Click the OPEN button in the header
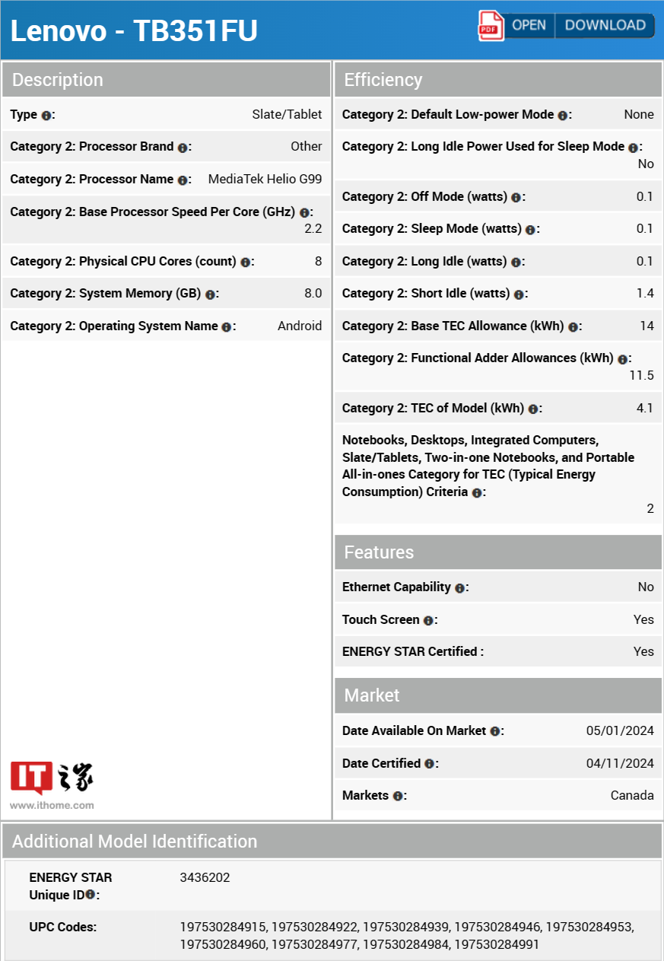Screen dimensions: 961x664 [529, 25]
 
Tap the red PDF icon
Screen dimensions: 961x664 [491, 25]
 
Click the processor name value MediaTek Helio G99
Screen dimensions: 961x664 [265, 179]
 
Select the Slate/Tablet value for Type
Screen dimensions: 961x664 [287, 114]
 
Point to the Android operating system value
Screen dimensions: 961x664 [300, 326]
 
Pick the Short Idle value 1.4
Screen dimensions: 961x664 [645, 293]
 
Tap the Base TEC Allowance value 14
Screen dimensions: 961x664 [647, 326]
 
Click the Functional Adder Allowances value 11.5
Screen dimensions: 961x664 [641, 375]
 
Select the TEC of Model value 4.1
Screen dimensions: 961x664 [645, 408]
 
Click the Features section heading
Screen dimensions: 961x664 [379, 552]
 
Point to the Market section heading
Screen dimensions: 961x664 [372, 695]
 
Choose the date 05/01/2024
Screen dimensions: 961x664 [620, 730]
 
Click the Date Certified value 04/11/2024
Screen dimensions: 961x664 [620, 763]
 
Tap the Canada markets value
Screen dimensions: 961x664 [632, 795]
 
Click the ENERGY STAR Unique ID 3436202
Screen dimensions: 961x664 [205, 877]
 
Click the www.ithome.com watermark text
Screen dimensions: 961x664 [52, 805]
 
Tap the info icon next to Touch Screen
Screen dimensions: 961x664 [428, 620]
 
